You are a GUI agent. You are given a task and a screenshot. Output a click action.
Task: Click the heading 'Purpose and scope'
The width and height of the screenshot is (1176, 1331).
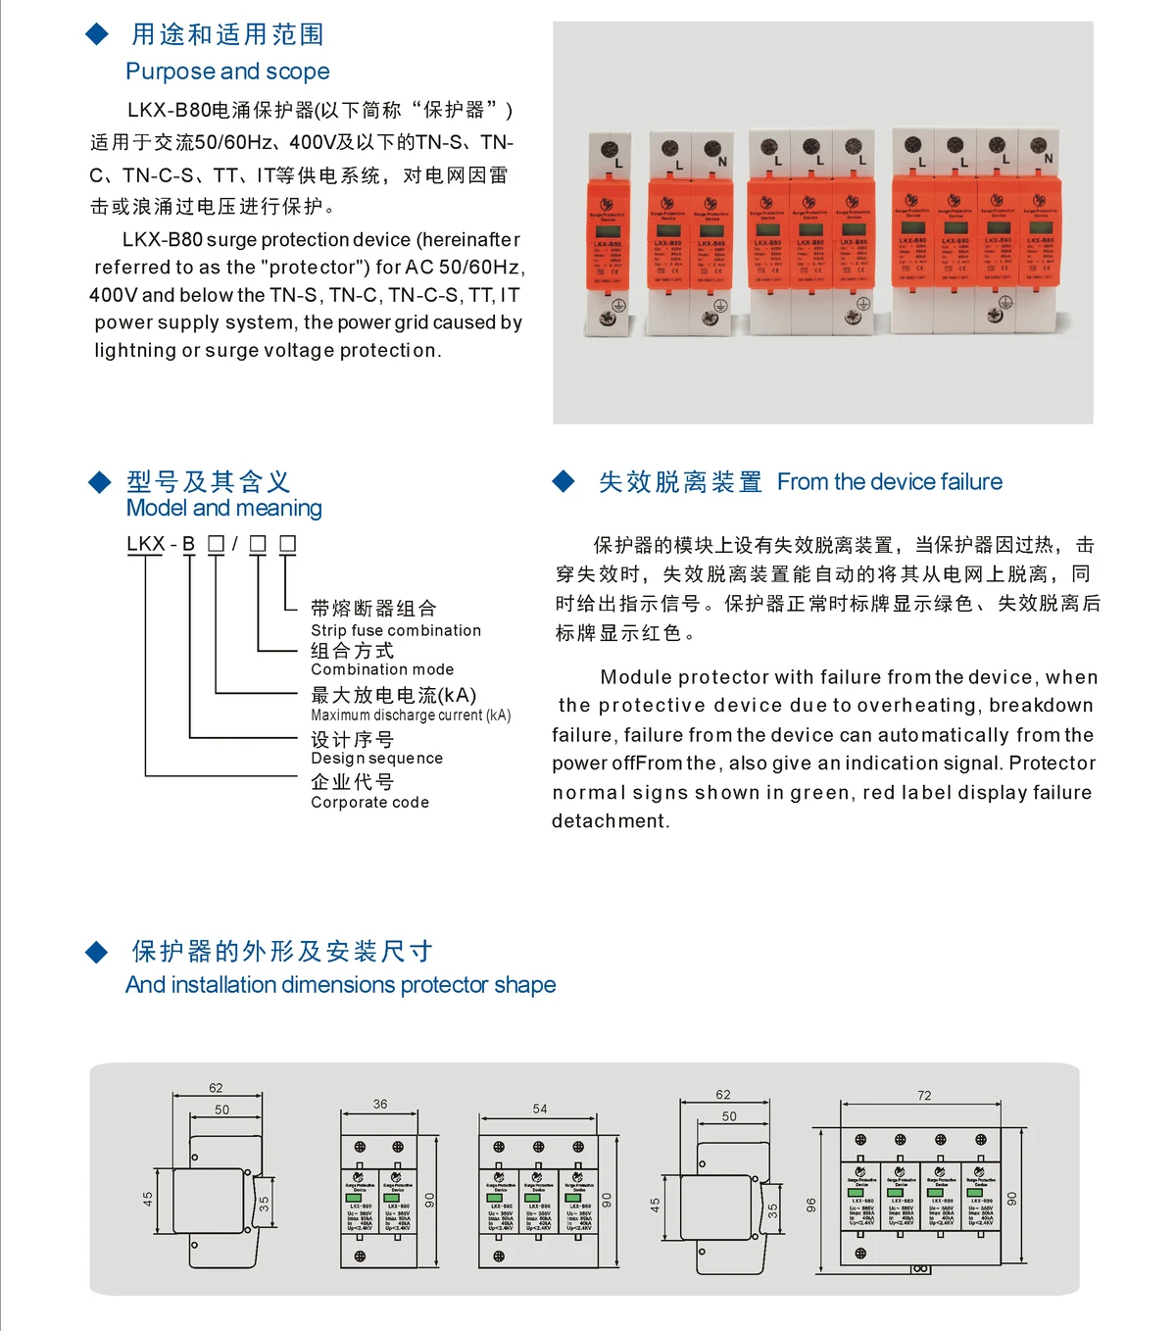227,72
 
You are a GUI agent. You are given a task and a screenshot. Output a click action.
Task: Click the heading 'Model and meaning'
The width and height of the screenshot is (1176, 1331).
223,508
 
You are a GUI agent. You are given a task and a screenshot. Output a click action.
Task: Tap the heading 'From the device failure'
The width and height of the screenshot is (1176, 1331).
889,482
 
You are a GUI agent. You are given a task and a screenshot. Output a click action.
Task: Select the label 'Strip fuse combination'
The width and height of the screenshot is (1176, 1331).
396,630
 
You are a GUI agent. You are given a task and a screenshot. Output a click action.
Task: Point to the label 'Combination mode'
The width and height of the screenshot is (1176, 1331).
382,669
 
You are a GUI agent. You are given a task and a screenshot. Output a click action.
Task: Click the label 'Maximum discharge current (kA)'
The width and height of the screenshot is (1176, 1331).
411,715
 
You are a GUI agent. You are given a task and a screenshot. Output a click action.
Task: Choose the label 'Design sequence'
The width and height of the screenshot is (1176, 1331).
376,759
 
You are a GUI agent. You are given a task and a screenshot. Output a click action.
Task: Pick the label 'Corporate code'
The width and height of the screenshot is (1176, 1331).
369,802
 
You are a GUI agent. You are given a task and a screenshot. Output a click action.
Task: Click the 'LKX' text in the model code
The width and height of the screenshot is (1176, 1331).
146,544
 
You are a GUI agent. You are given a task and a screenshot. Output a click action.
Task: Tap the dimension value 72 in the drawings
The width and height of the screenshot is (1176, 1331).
924,1096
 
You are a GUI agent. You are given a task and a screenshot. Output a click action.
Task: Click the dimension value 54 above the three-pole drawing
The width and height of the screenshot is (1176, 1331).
540,1109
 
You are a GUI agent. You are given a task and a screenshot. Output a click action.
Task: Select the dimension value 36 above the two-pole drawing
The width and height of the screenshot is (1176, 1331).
380,1104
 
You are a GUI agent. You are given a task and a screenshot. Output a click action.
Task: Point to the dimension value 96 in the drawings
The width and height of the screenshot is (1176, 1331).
810,1205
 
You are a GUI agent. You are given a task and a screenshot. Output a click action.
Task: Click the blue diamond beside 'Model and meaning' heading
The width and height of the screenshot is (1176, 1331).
99,481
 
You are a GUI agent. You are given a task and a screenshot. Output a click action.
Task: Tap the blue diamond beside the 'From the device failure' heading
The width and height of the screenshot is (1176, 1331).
563,481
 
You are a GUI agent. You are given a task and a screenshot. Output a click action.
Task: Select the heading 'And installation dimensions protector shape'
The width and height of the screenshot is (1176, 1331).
340,985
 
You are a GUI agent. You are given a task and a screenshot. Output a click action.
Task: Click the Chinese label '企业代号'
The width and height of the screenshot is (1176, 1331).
353,782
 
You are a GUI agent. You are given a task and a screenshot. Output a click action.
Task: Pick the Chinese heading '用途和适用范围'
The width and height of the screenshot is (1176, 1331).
227,35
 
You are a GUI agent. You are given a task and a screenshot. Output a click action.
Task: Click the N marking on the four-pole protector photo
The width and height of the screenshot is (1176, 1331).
1049,158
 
